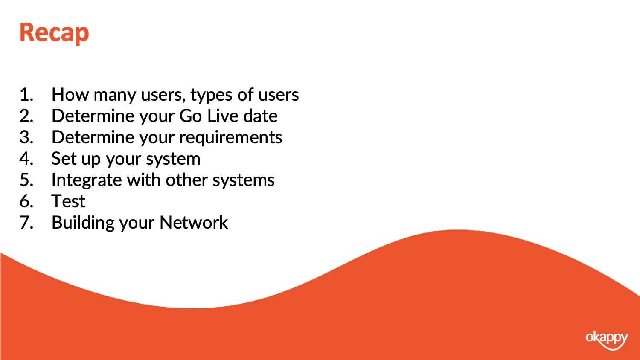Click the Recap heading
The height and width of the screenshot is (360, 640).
[54, 33]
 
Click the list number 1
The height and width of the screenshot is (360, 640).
[26, 95]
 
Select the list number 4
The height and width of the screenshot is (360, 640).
[26, 159]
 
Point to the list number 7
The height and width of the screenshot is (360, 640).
[26, 223]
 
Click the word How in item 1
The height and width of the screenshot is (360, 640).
[70, 95]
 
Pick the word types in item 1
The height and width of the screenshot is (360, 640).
[211, 96]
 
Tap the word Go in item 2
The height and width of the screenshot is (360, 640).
[191, 116]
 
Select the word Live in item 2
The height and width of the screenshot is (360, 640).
[222, 116]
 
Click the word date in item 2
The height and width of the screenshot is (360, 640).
[260, 116]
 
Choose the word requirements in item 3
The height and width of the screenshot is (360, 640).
[230, 138]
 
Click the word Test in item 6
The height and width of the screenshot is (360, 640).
[68, 201]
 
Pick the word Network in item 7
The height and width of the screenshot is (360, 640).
[194, 223]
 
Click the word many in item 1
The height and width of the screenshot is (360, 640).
[115, 96]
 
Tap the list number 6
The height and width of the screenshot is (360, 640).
[26, 201]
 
